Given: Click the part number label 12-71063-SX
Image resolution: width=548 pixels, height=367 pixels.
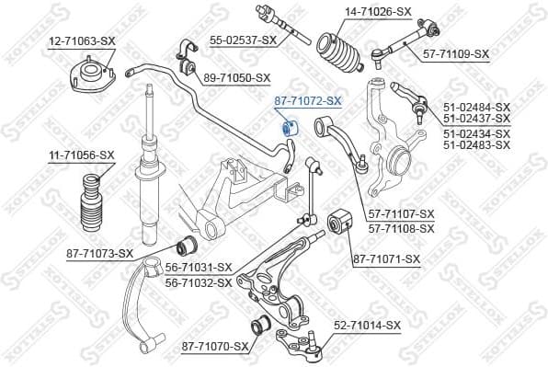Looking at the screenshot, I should pyautogui.click(x=82, y=41).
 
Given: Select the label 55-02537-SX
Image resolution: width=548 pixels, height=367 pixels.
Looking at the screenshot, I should pyautogui.click(x=243, y=40).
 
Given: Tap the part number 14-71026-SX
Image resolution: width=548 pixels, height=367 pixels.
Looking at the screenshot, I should pyautogui.click(x=353, y=11).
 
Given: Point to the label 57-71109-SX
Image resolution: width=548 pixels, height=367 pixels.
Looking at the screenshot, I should pyautogui.click(x=456, y=54).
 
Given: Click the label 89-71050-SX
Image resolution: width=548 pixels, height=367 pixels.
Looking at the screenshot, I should pyautogui.click(x=237, y=77).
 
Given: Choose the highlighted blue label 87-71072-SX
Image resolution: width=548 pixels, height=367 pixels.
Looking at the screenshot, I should pyautogui.click(x=308, y=99).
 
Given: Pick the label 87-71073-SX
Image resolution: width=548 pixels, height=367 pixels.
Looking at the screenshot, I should pyautogui.click(x=100, y=253).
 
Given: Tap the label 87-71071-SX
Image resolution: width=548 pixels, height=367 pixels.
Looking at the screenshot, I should pyautogui.click(x=386, y=259).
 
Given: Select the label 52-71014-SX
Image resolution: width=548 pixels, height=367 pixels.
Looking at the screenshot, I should pyautogui.click(x=367, y=325).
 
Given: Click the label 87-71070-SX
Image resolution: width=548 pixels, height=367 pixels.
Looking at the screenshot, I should pyautogui.click(x=215, y=346).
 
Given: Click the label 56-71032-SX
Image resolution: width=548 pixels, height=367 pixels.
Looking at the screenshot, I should pyautogui.click(x=199, y=282).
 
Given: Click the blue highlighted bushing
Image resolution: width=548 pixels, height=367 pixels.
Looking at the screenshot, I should pyautogui.click(x=286, y=127).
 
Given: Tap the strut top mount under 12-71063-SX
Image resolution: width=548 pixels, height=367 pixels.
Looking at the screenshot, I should pyautogui.click(x=90, y=74).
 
